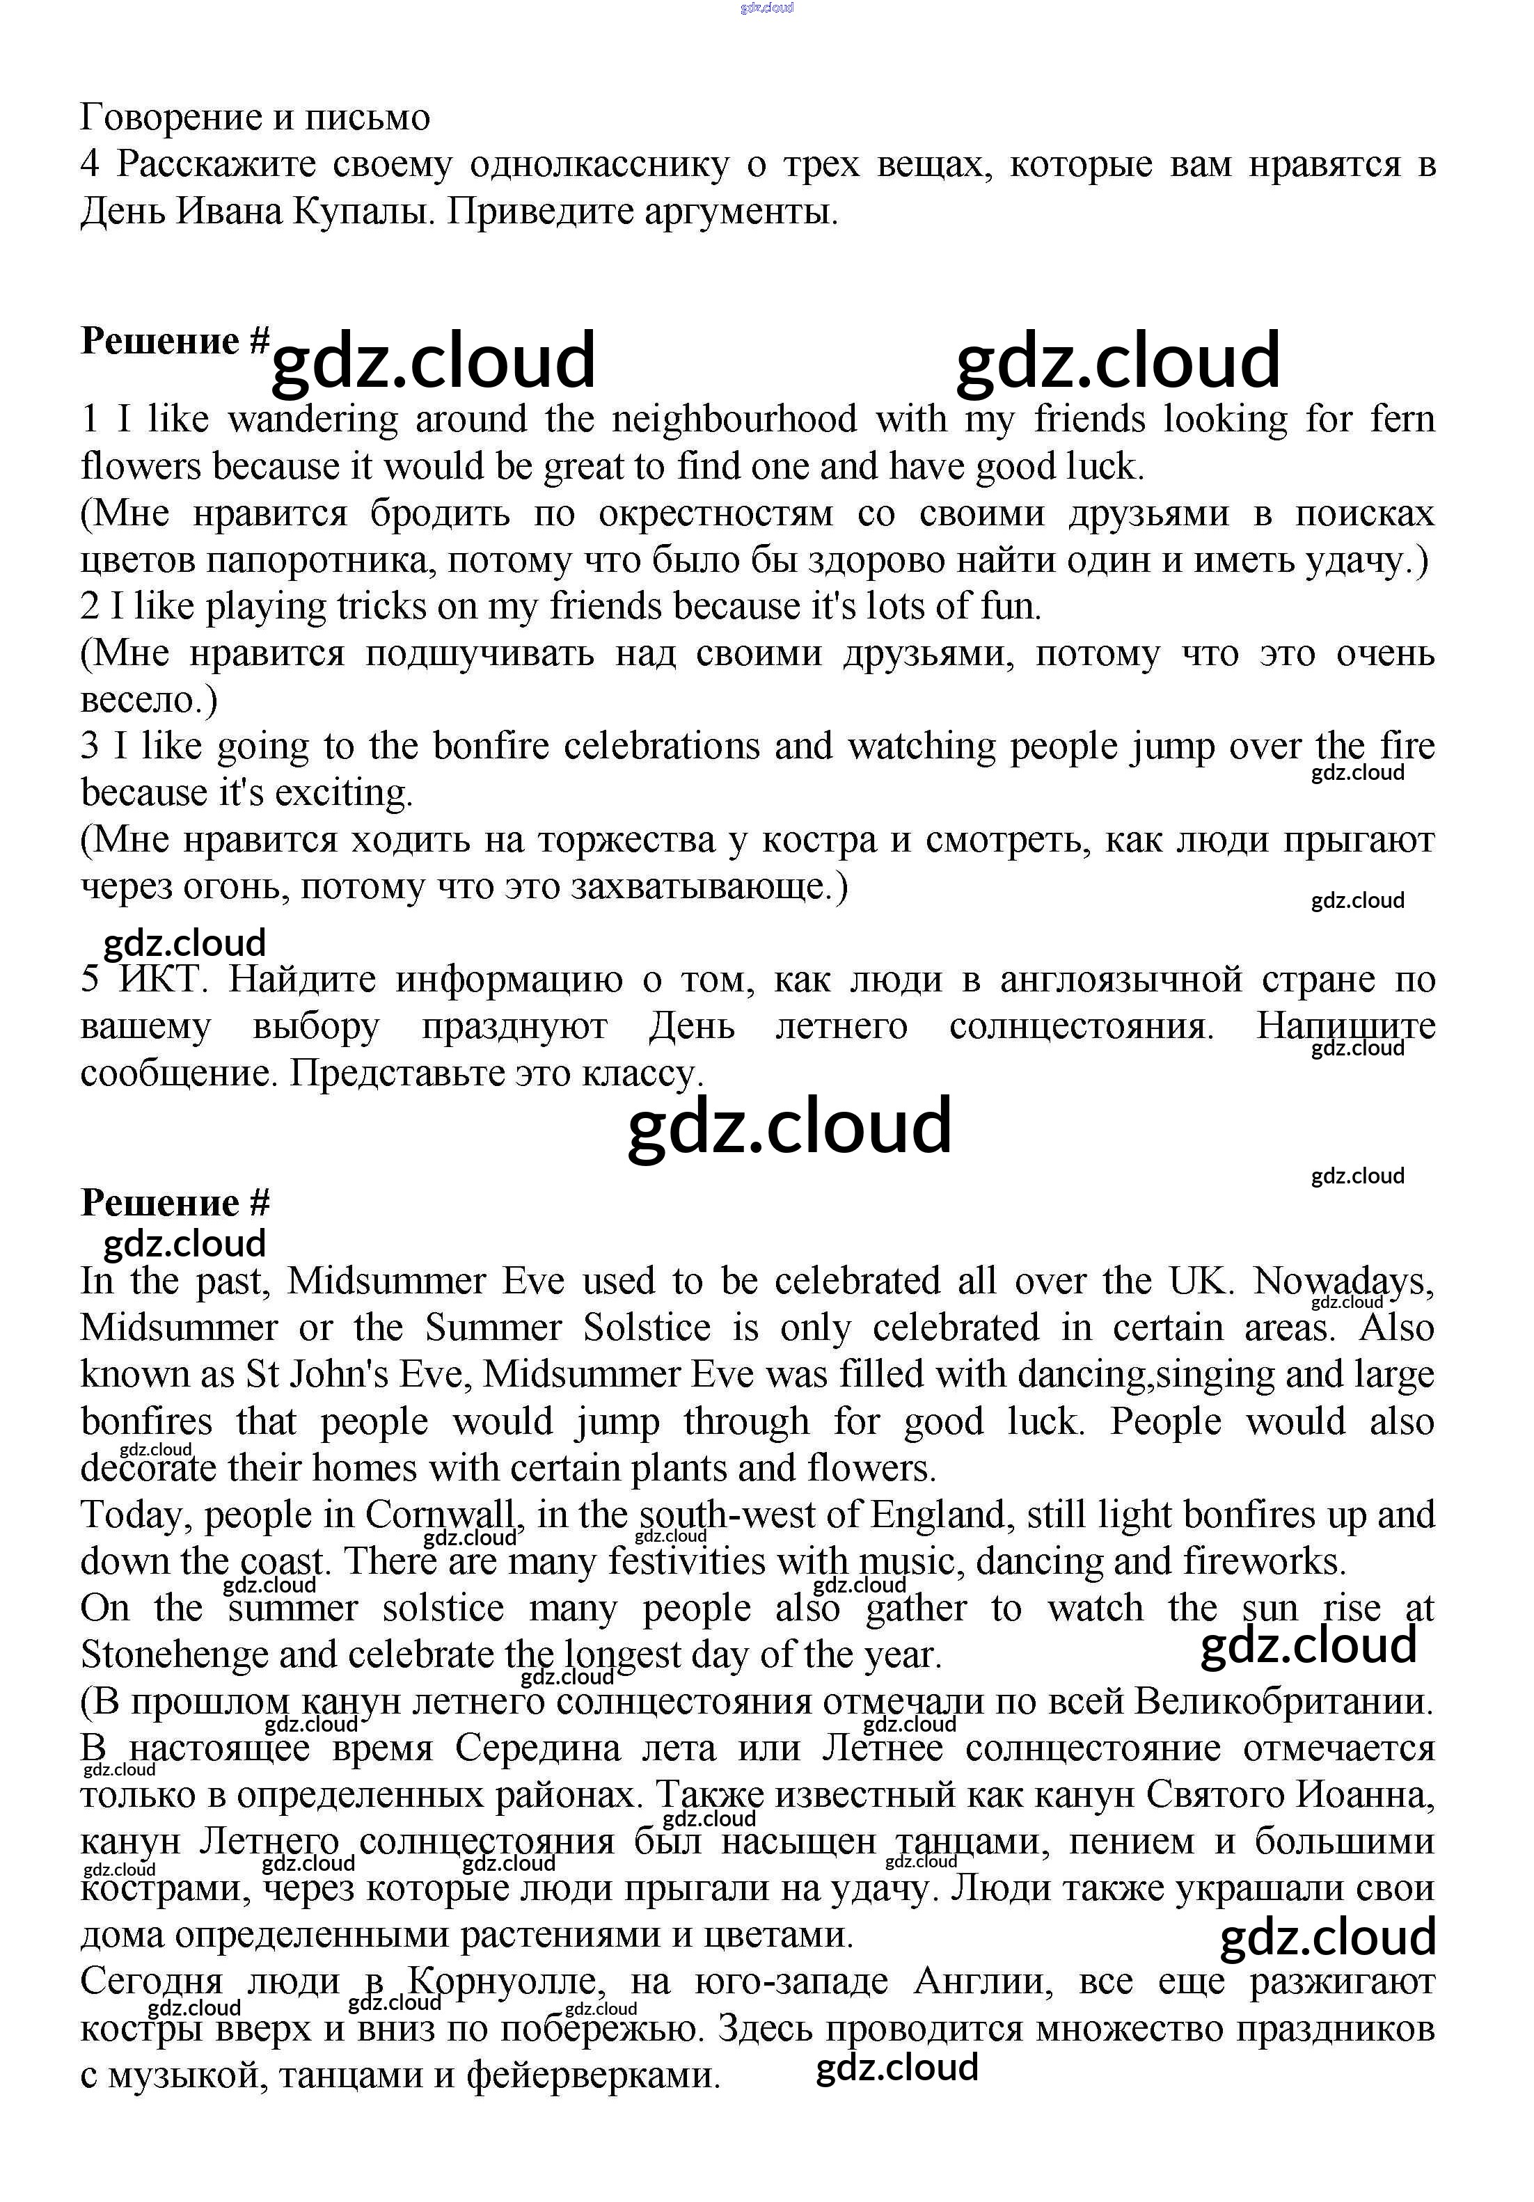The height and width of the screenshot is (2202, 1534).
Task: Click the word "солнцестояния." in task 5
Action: [x=1081, y=1027]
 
